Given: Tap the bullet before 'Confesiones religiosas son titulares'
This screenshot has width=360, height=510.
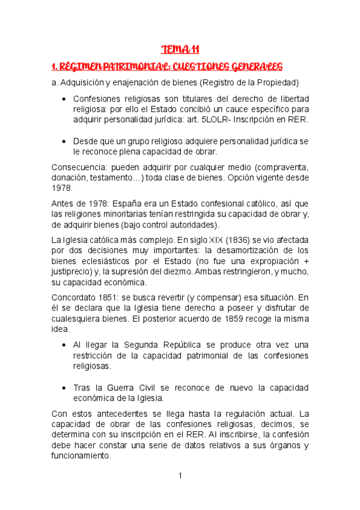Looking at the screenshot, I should coord(64,99).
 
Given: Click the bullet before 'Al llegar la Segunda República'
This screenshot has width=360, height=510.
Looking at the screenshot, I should coord(64,345).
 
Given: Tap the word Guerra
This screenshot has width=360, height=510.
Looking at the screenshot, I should coord(126,387).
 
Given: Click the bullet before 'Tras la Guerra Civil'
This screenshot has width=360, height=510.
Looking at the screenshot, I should coord(64,387).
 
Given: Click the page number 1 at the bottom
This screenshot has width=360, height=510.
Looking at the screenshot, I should coord(180,476).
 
